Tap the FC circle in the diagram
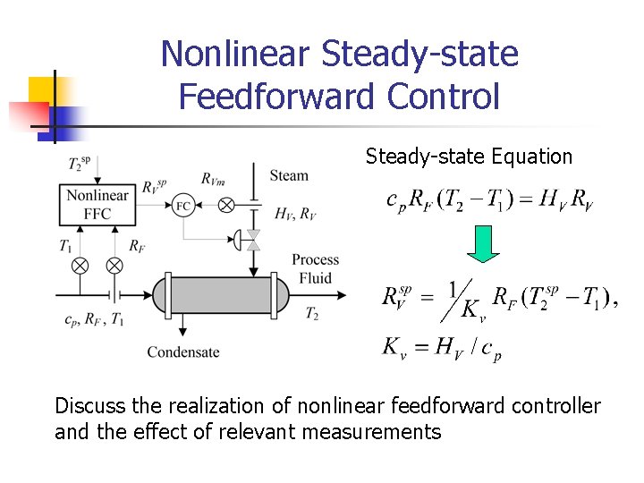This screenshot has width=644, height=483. point(182,205)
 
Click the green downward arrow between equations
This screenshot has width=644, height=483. point(484,244)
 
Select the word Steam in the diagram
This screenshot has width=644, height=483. point(288,175)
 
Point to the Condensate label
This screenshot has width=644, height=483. point(183,352)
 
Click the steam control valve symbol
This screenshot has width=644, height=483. point(252,239)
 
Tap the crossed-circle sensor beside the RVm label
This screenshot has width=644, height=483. point(226,205)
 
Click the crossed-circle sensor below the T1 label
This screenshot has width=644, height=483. point(80,265)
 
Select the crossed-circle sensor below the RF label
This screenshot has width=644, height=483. point(114,265)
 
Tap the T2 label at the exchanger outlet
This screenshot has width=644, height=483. point(311,313)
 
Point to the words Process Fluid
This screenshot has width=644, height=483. point(315,269)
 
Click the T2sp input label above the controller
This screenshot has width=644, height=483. point(79,165)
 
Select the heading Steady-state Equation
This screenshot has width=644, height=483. point(469,157)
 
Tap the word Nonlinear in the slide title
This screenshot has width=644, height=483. point(235,54)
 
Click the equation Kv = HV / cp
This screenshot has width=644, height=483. point(442,347)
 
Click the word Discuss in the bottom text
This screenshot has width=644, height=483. point(90,405)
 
